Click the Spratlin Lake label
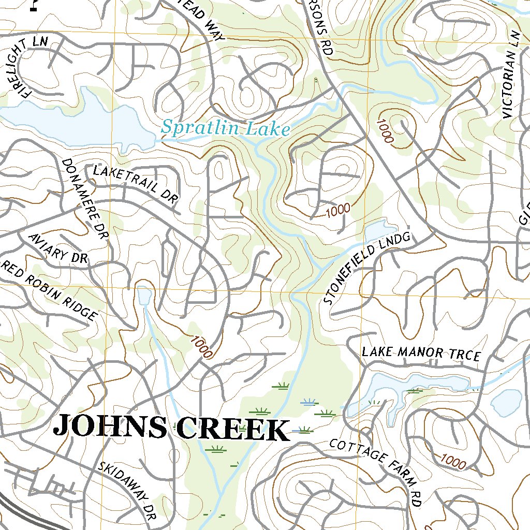point(225,127)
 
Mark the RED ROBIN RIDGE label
point(50,290)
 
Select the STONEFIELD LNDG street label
point(366,268)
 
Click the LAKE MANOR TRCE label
point(421,354)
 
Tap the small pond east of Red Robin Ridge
point(144,296)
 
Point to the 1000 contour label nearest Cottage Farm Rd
point(452,460)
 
